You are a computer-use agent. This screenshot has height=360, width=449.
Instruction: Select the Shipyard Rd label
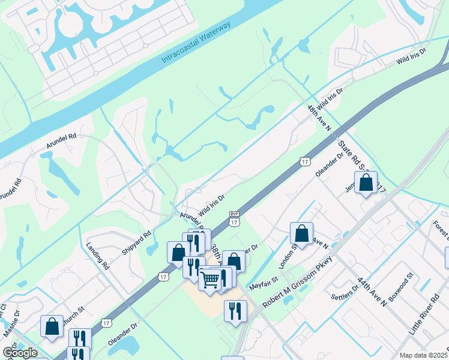136,242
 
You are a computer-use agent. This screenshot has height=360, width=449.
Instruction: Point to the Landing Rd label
97,255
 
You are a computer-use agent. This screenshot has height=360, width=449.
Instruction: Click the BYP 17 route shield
234,218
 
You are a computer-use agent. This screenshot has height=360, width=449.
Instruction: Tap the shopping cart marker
210,279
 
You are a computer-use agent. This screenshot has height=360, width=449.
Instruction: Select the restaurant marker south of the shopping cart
235,311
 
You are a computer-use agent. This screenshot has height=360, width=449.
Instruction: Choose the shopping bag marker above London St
302,233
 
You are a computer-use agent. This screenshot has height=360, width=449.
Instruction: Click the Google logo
19,353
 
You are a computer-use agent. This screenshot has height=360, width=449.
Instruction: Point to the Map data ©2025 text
424,355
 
